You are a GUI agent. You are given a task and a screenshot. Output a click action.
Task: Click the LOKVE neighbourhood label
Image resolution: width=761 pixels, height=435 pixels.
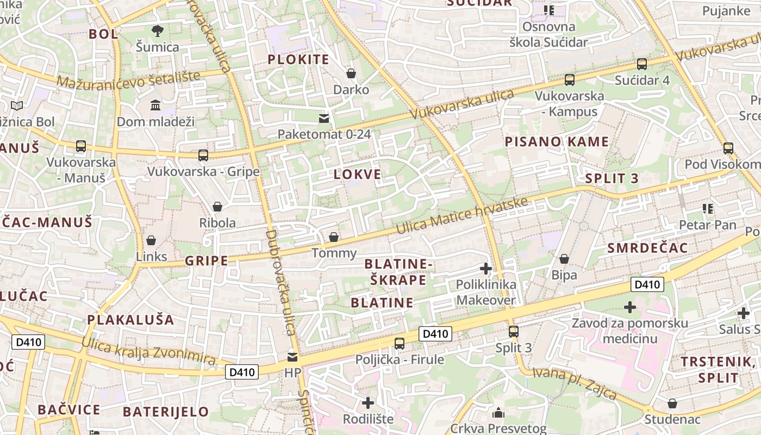coord(357,175)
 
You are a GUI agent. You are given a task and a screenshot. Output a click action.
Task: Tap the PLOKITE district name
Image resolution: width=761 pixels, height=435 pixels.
coord(298,60)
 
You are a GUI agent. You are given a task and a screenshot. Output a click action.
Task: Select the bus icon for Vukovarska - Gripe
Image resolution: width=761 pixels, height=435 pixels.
coord(203,156)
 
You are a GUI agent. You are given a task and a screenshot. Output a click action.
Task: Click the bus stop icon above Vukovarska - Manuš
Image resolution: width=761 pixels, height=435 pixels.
coord(81,146)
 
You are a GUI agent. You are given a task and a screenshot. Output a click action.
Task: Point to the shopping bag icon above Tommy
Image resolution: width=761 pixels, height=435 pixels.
coord(334,237)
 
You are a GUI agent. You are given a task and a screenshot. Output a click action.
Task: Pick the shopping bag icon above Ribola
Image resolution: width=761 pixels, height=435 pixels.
coord(217,207)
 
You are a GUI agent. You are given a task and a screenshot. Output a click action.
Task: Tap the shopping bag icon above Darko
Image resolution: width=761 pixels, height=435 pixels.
coord(351,73)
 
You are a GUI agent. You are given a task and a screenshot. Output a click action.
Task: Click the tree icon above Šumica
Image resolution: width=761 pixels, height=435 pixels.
coord(158,31)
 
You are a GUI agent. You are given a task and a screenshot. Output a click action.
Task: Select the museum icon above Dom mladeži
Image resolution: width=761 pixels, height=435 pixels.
coord(155,105)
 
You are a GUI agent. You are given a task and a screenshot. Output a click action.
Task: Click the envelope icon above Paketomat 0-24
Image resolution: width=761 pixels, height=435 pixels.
coord(324,118)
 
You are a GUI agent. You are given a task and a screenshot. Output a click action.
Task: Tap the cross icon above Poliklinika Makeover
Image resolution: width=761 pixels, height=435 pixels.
coord(486,269)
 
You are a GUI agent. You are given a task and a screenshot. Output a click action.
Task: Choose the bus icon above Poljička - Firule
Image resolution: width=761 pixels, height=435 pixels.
coord(400,343)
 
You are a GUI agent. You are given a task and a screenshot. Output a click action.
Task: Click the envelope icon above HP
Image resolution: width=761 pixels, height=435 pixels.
coord(292,357)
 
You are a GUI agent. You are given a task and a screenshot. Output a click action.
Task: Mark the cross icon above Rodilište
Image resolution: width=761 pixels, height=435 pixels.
coord(368,403)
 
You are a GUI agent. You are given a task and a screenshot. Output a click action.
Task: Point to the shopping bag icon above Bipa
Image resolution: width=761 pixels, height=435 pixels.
coord(564,259)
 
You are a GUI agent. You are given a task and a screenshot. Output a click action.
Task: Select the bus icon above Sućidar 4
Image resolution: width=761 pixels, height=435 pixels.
coord(642,64)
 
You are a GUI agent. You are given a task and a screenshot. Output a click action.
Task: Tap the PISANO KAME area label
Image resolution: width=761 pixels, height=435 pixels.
coord(557,142)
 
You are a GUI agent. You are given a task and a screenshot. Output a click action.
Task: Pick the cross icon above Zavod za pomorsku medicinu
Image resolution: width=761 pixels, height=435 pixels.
coord(630,307)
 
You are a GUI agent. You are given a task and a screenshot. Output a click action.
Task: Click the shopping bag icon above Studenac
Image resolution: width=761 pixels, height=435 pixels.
coord(672,403)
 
